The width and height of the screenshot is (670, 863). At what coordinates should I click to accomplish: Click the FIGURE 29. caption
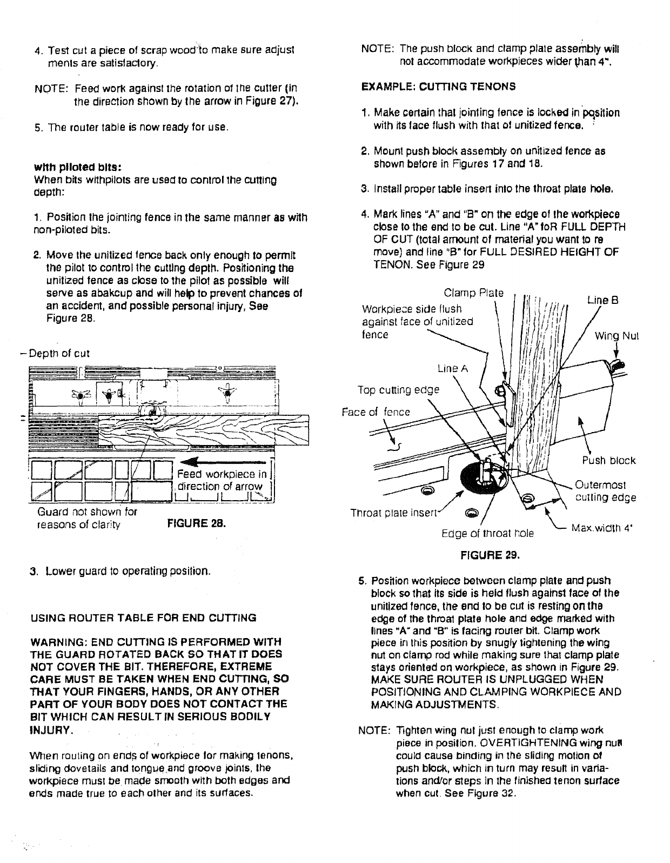[x=490, y=555]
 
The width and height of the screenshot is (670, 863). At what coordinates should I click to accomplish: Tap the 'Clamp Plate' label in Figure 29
[x=473, y=294]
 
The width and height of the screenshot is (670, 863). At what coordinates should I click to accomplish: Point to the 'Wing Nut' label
[x=617, y=336]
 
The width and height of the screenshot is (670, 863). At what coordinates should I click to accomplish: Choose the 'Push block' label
[x=608, y=461]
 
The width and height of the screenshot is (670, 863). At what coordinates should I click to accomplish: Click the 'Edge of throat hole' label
[x=487, y=533]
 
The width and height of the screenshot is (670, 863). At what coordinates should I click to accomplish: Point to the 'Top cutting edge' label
[x=398, y=390]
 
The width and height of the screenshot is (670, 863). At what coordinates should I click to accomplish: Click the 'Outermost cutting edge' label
[x=605, y=491]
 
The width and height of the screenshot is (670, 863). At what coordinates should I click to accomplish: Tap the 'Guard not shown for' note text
[x=87, y=512]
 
